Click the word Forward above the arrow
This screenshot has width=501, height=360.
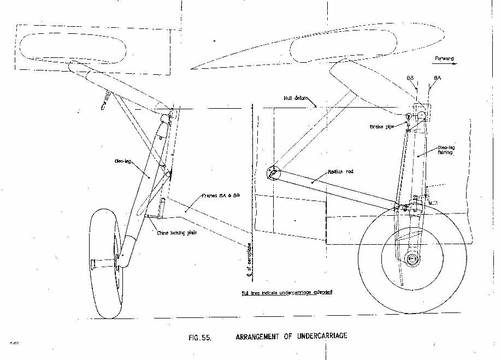(x=444, y=58)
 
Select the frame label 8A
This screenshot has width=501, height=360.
(x=437, y=78)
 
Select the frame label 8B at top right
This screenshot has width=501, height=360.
(x=410, y=78)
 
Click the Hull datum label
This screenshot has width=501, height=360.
(x=296, y=98)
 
